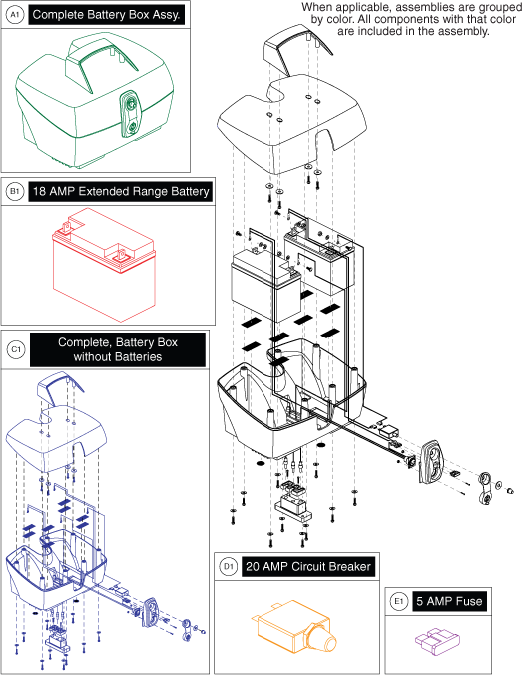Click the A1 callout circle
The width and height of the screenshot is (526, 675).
pos(14,16)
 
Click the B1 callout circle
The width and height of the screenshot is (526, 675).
pos(14,191)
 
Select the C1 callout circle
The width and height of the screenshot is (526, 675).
pos(14,350)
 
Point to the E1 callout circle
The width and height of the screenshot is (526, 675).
pos(398,602)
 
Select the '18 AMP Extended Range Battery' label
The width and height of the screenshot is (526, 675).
pos(120,191)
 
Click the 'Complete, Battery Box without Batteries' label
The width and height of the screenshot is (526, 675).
pos(118,350)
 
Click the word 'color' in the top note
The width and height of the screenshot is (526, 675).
pos(425,18)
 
